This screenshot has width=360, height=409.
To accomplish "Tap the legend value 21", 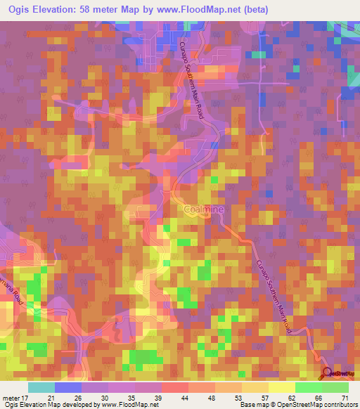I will pyautogui.click(x=50, y=397).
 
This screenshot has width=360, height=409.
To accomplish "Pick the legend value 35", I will pyautogui.click(x=131, y=397).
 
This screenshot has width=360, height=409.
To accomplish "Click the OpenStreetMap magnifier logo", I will pyautogui.click(x=326, y=373).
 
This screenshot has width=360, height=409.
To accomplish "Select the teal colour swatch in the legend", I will pyautogui.click(x=41, y=387).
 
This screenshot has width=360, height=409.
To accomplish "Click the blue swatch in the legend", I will pyautogui.click(x=68, y=387).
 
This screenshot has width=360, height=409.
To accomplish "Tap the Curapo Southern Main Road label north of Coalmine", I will pyautogui.click(x=193, y=77).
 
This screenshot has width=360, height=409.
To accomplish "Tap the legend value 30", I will pyautogui.click(x=103, y=397).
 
